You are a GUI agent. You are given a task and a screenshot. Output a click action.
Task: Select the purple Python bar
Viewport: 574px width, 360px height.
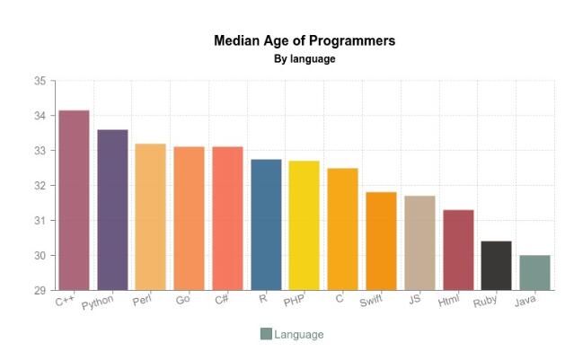click(x=112, y=210)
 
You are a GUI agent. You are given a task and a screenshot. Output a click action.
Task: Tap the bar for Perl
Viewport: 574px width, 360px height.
click(x=151, y=217)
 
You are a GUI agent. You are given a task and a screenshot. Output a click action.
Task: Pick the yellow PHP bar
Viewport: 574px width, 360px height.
click(x=305, y=225)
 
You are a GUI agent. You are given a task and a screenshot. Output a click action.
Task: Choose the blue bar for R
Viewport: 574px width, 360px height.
click(x=266, y=224)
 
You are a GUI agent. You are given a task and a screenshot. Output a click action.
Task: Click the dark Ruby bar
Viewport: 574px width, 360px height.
click(x=496, y=266)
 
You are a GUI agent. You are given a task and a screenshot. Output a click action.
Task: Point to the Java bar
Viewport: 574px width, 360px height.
click(x=534, y=273)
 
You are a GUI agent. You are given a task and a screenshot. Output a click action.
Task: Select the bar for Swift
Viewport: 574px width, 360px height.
click(x=381, y=241)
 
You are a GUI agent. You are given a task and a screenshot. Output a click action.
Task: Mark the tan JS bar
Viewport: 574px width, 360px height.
click(x=419, y=243)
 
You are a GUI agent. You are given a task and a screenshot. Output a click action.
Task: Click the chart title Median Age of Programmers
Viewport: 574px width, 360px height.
click(x=305, y=41)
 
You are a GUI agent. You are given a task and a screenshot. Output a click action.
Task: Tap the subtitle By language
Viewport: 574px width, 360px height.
click(x=305, y=59)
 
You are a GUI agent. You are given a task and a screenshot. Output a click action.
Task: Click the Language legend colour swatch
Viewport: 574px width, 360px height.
click(x=266, y=334)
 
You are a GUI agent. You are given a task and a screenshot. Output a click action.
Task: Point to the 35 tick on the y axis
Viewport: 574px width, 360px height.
click(x=40, y=81)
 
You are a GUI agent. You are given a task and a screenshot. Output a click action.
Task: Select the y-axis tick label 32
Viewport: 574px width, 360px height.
click(x=40, y=186)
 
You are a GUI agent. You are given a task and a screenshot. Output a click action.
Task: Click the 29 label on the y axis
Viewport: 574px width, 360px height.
click(x=40, y=291)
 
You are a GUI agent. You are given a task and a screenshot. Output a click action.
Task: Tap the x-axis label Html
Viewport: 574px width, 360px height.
click(x=448, y=301)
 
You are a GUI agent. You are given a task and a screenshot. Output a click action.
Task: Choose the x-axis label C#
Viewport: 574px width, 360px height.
click(x=221, y=300)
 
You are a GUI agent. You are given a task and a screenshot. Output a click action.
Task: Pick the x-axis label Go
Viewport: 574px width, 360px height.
click(x=183, y=300)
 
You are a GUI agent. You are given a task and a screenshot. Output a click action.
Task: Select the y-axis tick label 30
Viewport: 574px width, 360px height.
click(x=40, y=256)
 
